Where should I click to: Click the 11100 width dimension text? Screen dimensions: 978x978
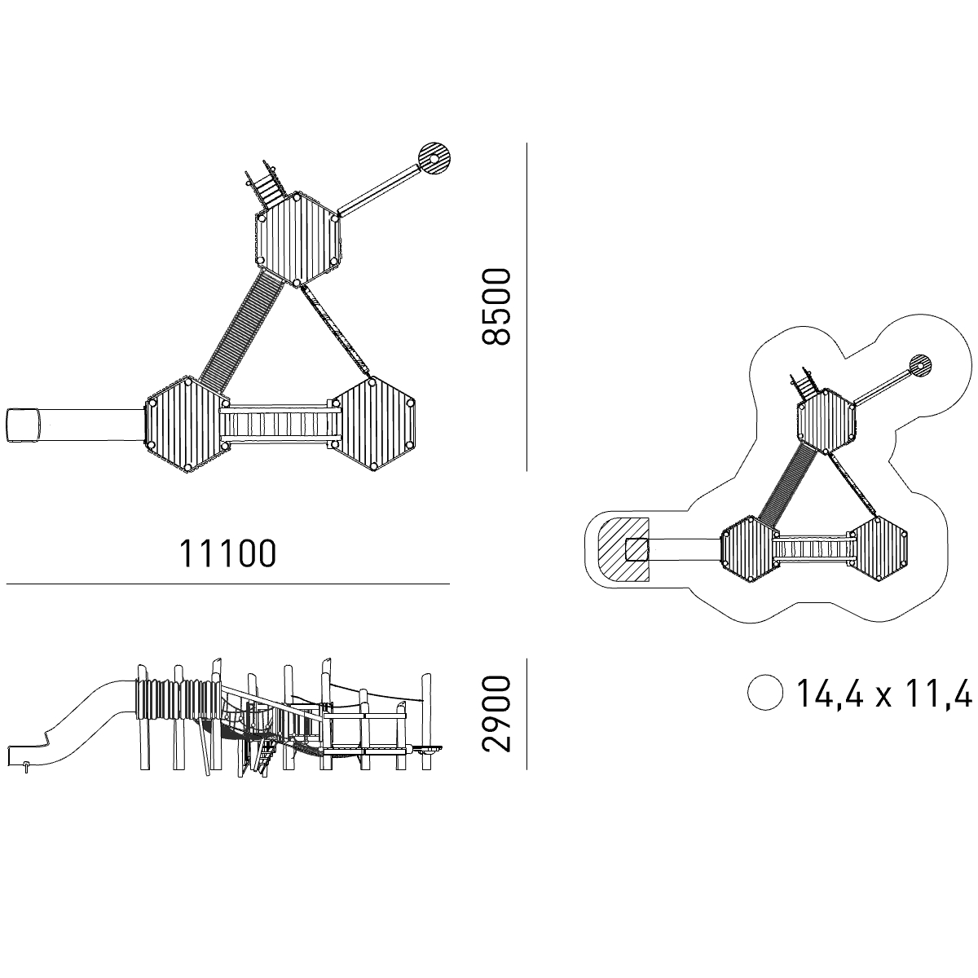click(x=228, y=553)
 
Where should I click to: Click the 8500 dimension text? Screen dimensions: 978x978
click(x=496, y=307)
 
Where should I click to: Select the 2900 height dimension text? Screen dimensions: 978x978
click(x=496, y=713)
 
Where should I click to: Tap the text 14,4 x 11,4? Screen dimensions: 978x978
click(x=884, y=693)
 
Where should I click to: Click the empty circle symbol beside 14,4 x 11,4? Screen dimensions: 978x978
click(x=764, y=692)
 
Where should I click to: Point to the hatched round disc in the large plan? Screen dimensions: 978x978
click(x=434, y=159)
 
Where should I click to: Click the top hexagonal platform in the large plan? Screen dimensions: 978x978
click(x=297, y=239)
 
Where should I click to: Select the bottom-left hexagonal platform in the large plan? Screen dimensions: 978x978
click(x=187, y=425)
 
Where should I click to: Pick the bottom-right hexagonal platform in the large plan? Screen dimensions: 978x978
click(x=373, y=425)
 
